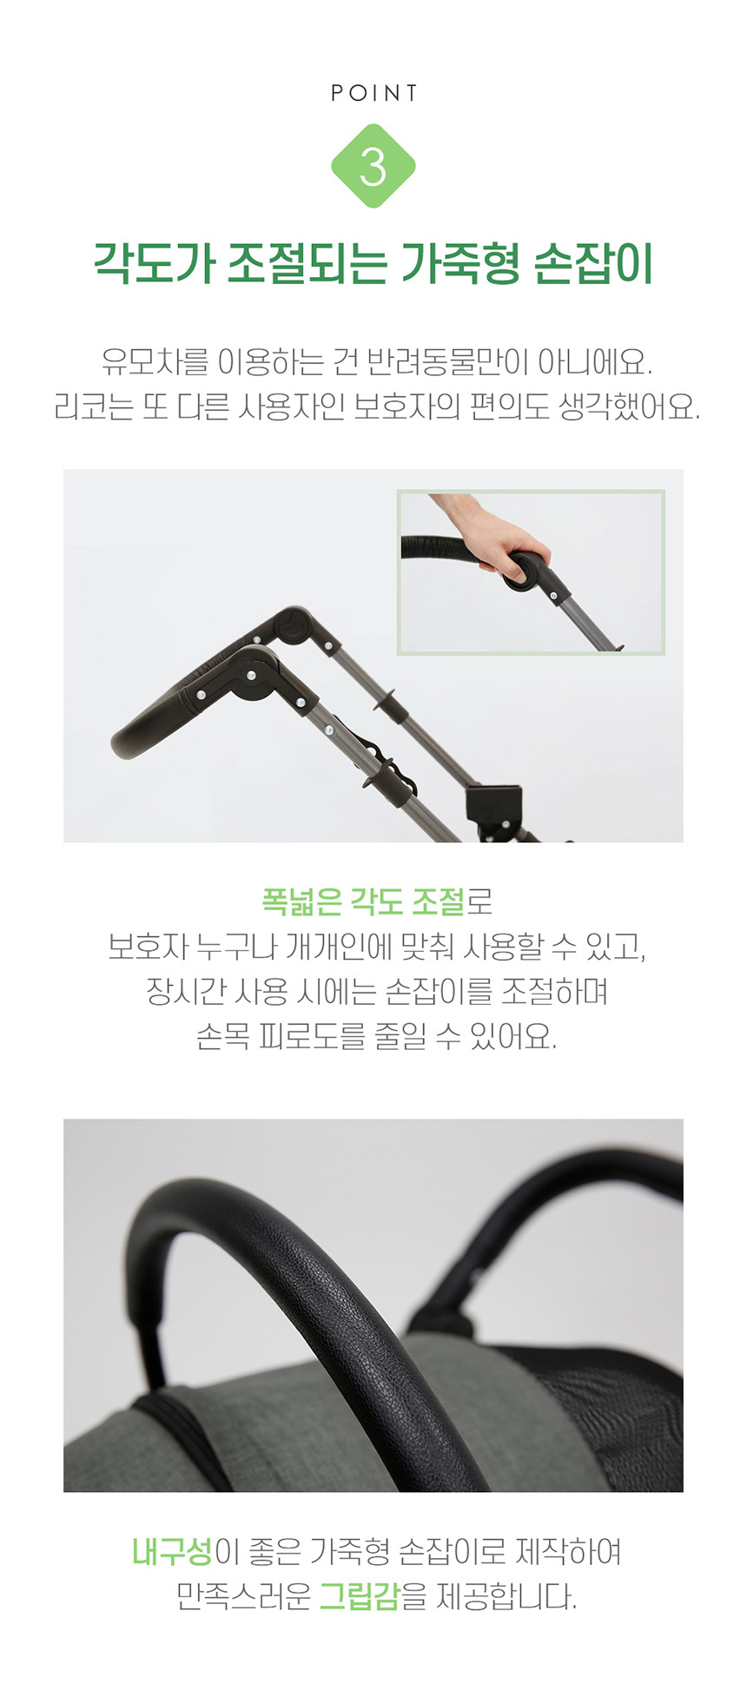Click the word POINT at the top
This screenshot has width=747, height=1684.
[x=373, y=93]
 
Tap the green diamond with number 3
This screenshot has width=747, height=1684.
[x=373, y=166]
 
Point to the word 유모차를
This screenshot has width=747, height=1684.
[x=155, y=361]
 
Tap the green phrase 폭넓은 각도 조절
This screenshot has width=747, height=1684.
[x=363, y=901]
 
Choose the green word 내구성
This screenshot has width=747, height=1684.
[x=172, y=1551]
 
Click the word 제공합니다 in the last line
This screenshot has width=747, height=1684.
[x=506, y=1596]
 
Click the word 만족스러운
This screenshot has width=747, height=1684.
[x=243, y=1596]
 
